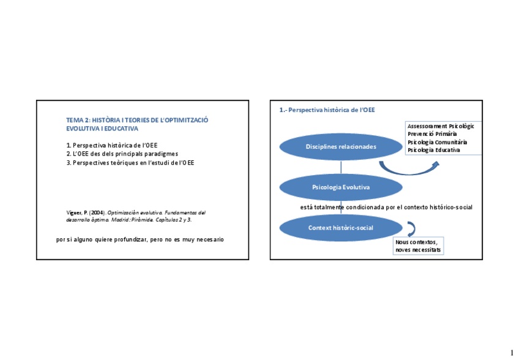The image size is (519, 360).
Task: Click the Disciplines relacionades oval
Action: coord(341,147)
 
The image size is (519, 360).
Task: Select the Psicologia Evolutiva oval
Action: coord(341,187)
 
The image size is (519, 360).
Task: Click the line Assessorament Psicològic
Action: coord(440,126)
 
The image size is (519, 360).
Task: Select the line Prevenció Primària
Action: coord(432,133)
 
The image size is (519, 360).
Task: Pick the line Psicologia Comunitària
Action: coord(437,141)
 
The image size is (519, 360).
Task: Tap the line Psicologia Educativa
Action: coord(433,149)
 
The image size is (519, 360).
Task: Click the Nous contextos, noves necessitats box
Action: coord(419,246)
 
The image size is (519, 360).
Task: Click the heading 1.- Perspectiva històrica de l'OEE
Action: coord(327,110)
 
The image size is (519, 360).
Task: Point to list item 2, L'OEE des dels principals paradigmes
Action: coord(122,154)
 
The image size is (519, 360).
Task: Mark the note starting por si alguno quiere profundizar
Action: coord(140,239)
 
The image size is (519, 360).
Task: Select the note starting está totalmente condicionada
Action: coord(386,208)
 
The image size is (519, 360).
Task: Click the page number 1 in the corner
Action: coord(511,353)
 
